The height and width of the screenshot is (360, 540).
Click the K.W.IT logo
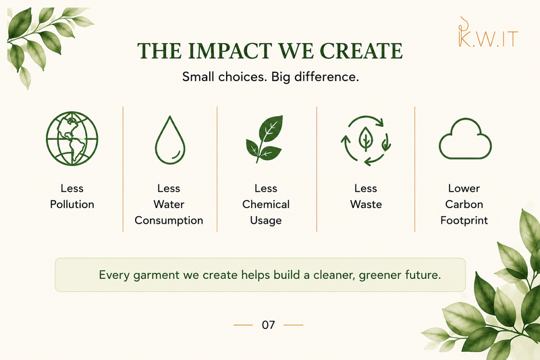(488, 32)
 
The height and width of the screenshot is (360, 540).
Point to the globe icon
(72, 138)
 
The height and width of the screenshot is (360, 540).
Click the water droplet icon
(170, 140)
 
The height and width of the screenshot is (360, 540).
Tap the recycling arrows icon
(366, 140)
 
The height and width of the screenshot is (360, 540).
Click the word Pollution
(72, 204)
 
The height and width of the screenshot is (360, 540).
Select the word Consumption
(169, 220)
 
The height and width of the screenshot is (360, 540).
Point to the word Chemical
(266, 204)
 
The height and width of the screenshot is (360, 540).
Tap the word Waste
(366, 204)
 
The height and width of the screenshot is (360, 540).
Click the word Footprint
(464, 220)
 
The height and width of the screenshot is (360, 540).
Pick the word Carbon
(464, 204)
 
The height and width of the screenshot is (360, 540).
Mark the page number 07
(268, 325)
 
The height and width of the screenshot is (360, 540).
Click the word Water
(169, 204)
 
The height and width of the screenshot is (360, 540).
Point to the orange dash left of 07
(243, 325)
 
